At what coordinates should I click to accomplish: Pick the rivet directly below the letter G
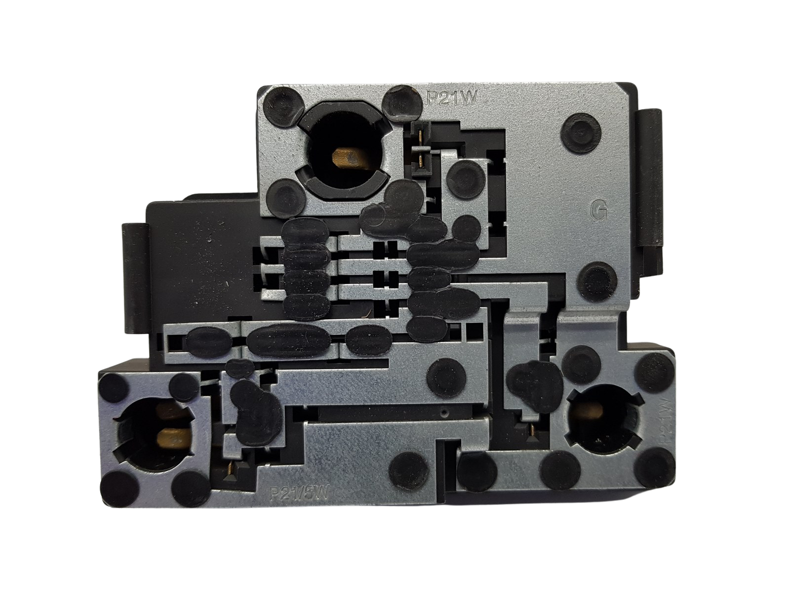599,280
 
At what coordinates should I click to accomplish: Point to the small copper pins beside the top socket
420,148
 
